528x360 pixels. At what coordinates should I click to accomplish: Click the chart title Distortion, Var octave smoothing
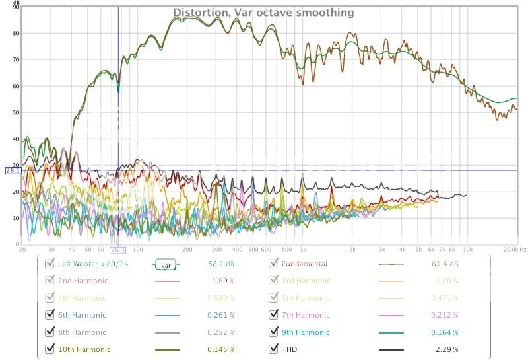[263, 13]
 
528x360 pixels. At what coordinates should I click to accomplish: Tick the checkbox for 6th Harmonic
[49, 315]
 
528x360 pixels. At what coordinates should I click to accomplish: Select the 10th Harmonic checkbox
[49, 349]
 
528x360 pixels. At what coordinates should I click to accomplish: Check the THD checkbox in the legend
[274, 349]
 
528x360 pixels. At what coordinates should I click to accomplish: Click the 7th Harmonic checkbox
[274, 315]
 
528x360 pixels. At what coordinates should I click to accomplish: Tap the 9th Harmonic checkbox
[274, 332]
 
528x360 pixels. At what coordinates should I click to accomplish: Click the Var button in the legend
[166, 264]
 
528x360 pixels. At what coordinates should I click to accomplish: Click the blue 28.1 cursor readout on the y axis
[13, 170]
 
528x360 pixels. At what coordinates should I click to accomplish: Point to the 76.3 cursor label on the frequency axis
[118, 250]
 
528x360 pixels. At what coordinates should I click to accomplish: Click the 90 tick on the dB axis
[17, 7]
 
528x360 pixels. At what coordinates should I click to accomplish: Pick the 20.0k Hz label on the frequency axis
[511, 250]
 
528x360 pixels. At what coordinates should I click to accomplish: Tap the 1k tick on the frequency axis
[303, 250]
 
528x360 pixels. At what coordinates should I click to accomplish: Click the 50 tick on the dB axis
[17, 112]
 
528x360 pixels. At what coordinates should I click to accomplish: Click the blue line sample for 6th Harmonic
[167, 315]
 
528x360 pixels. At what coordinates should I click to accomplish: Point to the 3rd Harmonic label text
[306, 281]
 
